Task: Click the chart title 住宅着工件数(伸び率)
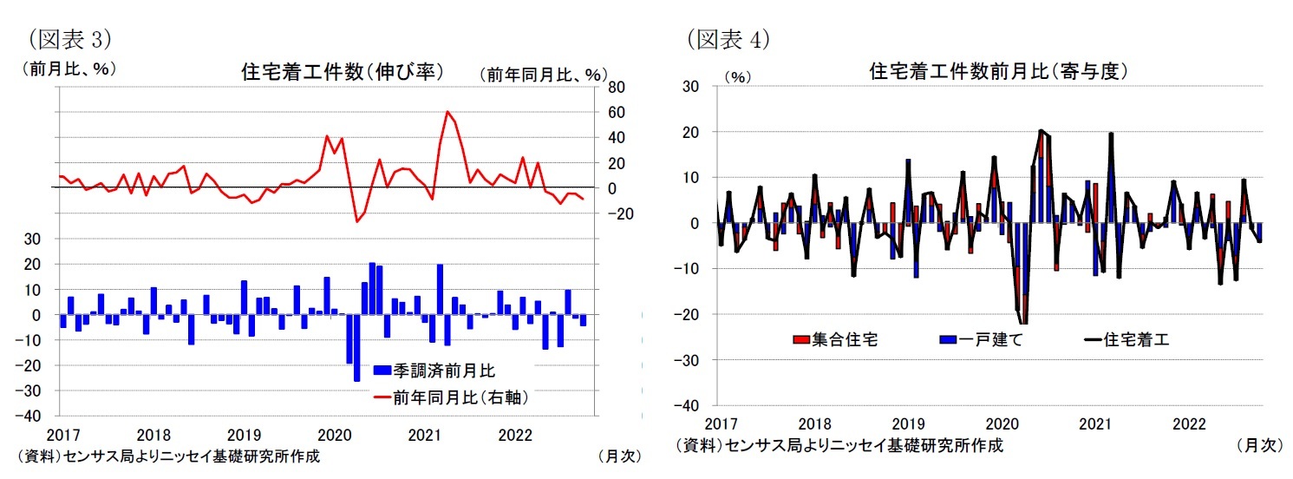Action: [342, 72]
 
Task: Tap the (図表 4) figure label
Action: [729, 39]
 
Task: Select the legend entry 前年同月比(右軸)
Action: [450, 397]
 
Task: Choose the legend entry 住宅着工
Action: [1126, 340]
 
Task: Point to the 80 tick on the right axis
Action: [616, 88]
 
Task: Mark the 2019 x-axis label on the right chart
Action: [907, 423]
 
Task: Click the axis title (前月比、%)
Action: [68, 69]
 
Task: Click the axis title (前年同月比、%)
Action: [543, 75]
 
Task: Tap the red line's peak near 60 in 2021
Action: [447, 111]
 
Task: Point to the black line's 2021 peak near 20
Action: [1111, 134]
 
